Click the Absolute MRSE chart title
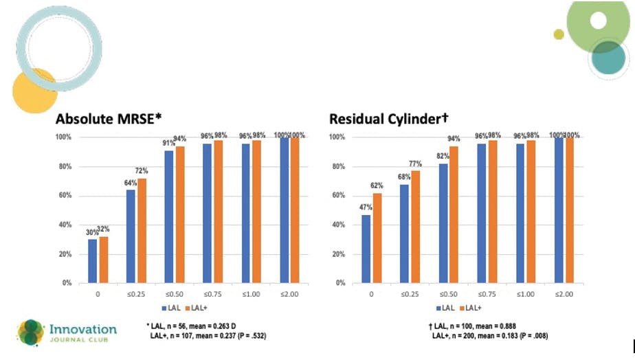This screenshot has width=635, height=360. tap(109, 118)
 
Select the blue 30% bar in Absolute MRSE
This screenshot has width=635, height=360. tap(93, 260)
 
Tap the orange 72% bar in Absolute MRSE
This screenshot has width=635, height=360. tap(142, 230)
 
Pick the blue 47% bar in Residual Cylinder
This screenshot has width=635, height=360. tap(366, 248)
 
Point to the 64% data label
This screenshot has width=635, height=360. tap(131, 183)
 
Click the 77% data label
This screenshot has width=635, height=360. tap(414, 164)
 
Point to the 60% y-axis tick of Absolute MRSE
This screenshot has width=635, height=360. tap(64, 196)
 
